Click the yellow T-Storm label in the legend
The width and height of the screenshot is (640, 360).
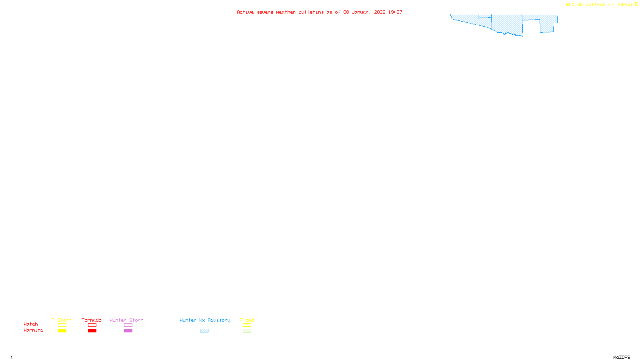(x=62, y=320)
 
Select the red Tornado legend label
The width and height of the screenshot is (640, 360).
(x=92, y=320)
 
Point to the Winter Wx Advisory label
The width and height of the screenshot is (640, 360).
(x=205, y=320)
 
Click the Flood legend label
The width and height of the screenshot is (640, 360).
(x=247, y=320)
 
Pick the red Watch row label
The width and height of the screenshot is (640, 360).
(x=31, y=324)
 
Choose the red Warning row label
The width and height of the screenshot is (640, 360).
(x=34, y=330)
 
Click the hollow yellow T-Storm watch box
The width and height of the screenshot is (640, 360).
(x=62, y=325)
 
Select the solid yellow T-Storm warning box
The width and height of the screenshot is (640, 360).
(x=62, y=331)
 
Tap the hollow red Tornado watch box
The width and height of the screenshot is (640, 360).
(x=92, y=325)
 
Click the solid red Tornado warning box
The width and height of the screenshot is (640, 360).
(x=92, y=331)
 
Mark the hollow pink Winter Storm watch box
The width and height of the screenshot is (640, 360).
(x=128, y=325)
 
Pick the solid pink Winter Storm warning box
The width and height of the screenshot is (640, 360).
(x=128, y=331)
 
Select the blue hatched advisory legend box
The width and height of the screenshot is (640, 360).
(x=204, y=331)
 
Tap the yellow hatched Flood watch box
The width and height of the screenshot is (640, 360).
(x=247, y=325)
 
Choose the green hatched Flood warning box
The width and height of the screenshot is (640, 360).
(x=247, y=331)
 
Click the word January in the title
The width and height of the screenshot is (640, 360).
(x=362, y=12)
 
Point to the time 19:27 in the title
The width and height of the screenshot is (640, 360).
(x=395, y=12)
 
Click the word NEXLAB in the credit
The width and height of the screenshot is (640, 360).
(x=574, y=4)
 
